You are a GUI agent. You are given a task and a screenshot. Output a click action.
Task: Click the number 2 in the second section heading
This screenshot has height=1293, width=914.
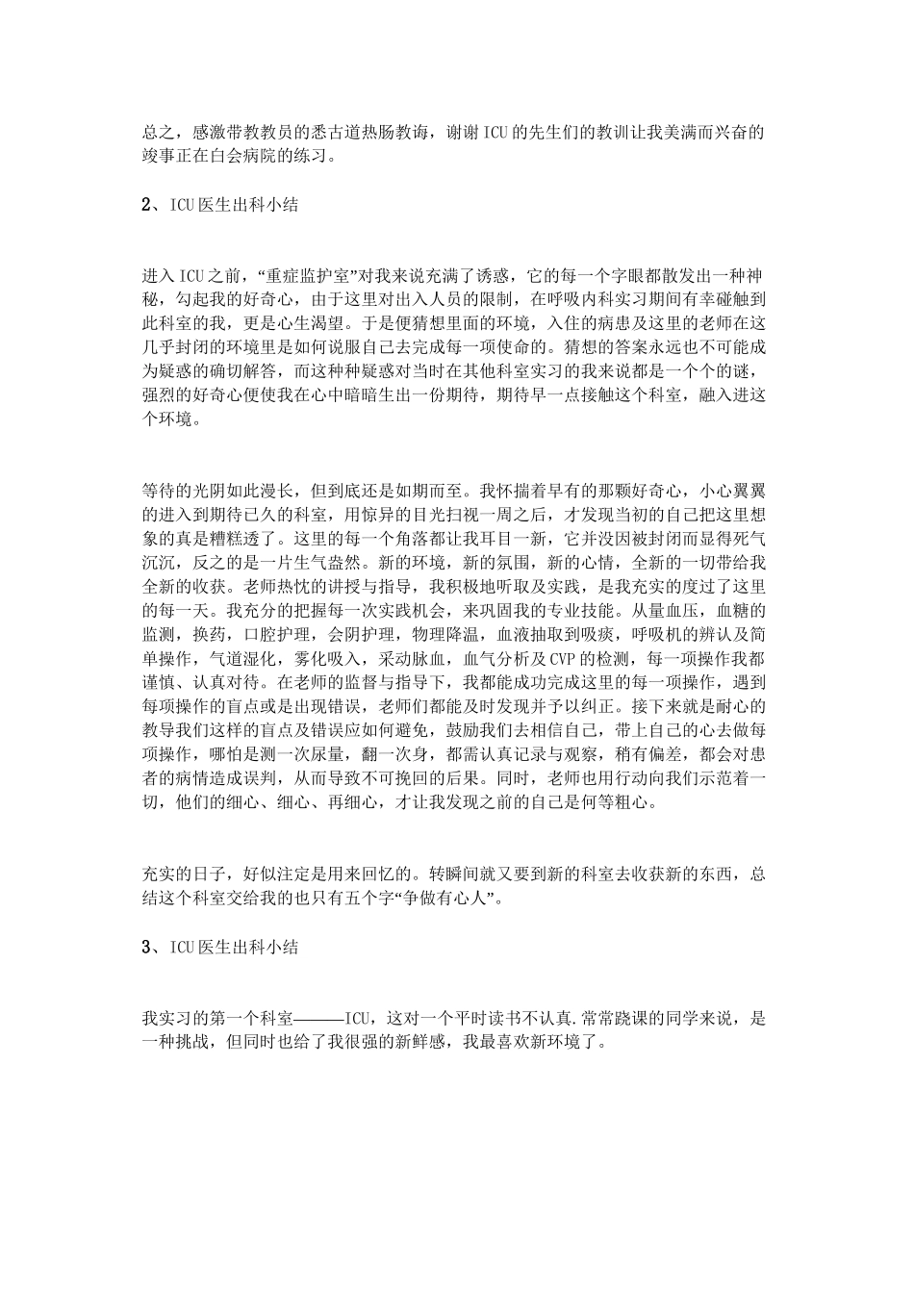tap(146, 205)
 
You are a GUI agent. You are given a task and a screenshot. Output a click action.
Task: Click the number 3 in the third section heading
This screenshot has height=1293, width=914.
tap(146, 947)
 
